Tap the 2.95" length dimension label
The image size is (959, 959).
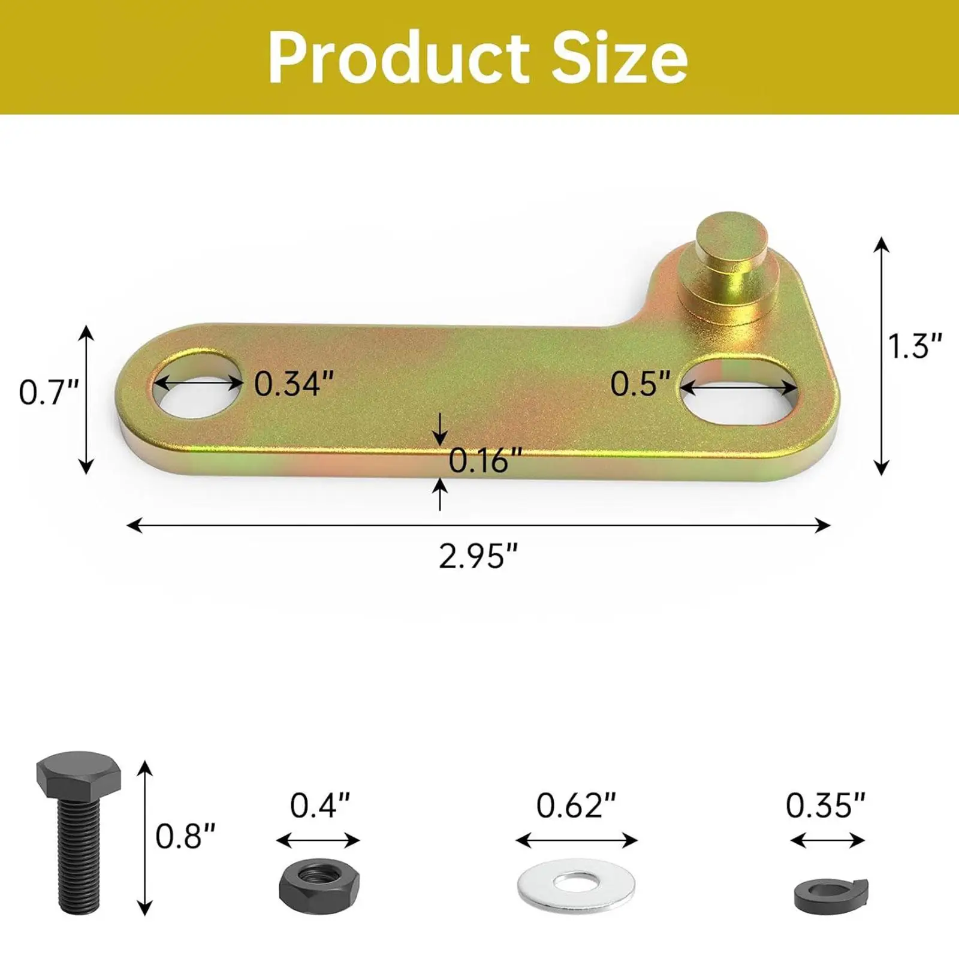click(478, 556)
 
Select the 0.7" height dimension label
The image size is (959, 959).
click(49, 393)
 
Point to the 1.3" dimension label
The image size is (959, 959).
click(915, 346)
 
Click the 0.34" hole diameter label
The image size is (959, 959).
click(294, 384)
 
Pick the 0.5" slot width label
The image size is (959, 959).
click(640, 384)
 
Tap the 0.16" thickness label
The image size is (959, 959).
click(485, 460)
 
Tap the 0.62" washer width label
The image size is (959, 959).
click(575, 806)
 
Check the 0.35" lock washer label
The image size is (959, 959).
click(825, 806)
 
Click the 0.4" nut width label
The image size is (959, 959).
click(319, 806)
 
